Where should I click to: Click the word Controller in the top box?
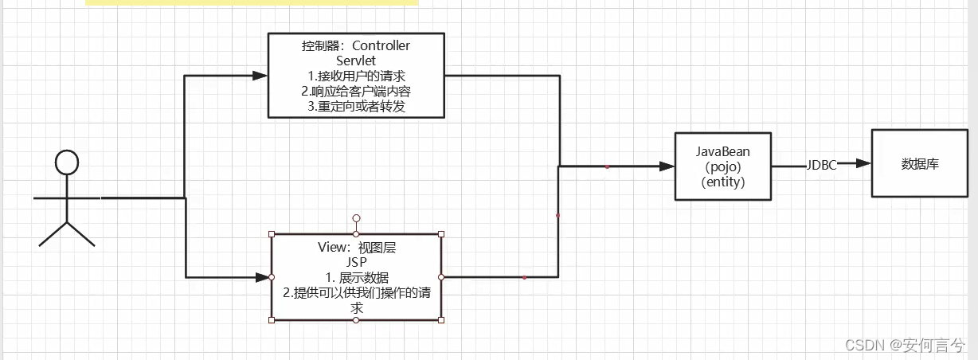point(381,46)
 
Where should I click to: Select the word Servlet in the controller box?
point(356,61)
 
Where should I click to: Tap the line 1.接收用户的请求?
point(355,76)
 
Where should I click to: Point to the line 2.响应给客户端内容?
point(355,92)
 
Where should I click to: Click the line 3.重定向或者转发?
point(356,107)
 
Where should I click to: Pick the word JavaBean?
point(723,151)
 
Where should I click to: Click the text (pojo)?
point(723,166)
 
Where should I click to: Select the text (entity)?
point(723,182)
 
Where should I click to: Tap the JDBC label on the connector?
point(821,165)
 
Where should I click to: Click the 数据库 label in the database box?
point(920,164)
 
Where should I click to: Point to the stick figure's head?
point(67,162)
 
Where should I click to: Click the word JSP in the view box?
point(356,262)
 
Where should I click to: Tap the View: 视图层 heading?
point(356,248)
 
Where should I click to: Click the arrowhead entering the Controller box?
point(260,76)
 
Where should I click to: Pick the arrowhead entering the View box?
point(263,277)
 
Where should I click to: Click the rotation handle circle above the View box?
point(356,217)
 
